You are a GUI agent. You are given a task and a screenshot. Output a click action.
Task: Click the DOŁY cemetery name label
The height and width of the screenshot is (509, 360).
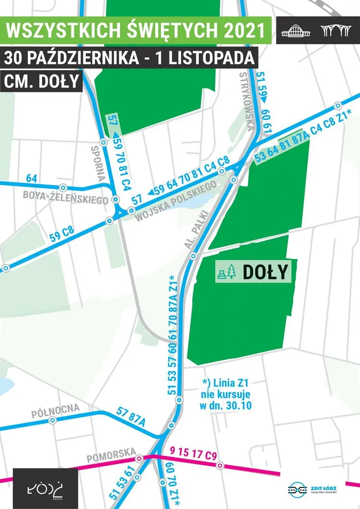265,272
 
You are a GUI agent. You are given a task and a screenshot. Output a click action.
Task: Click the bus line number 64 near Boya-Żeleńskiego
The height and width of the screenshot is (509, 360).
32,178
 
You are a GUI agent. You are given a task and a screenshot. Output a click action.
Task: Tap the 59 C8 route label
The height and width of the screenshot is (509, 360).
61,234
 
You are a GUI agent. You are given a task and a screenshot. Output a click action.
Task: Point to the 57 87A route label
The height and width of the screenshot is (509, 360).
131,416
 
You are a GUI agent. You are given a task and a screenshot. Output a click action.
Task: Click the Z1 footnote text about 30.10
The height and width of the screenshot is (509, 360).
228,394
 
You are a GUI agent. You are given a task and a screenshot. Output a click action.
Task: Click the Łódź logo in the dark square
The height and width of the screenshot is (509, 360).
45,488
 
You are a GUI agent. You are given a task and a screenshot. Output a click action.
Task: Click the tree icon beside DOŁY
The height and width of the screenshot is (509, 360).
232,272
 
